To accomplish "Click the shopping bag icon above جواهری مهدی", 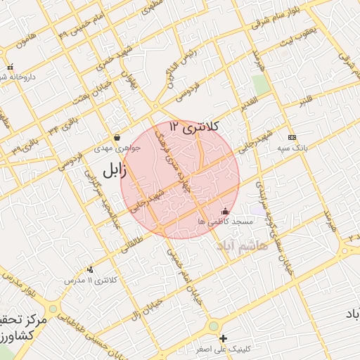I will click(x=117, y=137).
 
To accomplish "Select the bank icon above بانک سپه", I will click(x=292, y=137).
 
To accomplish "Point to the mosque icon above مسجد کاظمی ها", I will click(x=225, y=210).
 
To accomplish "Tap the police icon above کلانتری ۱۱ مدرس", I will click(x=90, y=269).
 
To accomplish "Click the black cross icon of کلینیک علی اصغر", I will click(x=224, y=338).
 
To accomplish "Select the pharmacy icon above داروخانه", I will click(x=10, y=67).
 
